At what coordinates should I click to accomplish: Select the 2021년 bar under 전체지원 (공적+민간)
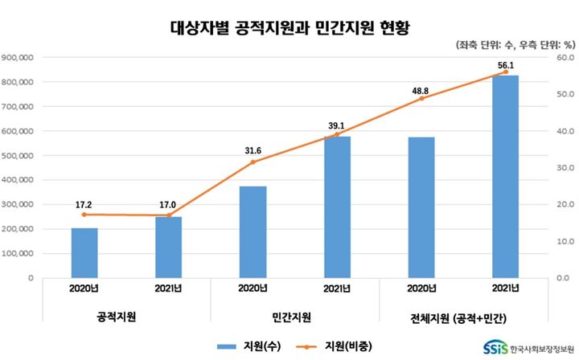point(505,177)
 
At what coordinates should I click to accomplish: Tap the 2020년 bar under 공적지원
point(84,252)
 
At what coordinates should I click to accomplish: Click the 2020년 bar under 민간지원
point(253,232)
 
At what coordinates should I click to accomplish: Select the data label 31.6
point(253,149)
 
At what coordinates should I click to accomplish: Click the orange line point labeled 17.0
point(168,215)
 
